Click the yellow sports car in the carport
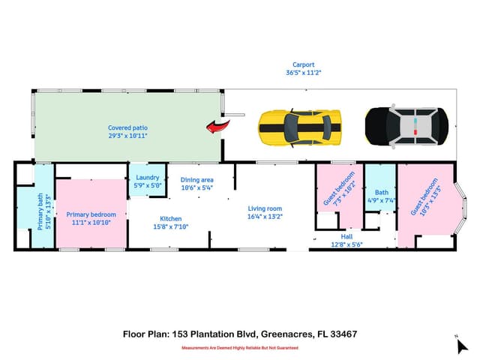[300, 127]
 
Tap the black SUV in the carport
[406, 126]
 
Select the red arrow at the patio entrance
[217, 127]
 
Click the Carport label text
[303, 64]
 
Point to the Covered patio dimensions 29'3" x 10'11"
[127, 136]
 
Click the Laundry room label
[148, 178]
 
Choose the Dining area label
[196, 180]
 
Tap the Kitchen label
[171, 218]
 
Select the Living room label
[265, 208]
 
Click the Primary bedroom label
[91, 214]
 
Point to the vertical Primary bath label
[40, 211]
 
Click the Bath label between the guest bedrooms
[382, 193]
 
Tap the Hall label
[346, 237]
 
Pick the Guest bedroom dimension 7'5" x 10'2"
[345, 193]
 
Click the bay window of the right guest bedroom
[462, 208]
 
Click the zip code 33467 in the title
[343, 334]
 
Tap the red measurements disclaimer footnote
[240, 348]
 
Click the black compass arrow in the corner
[462, 346]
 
